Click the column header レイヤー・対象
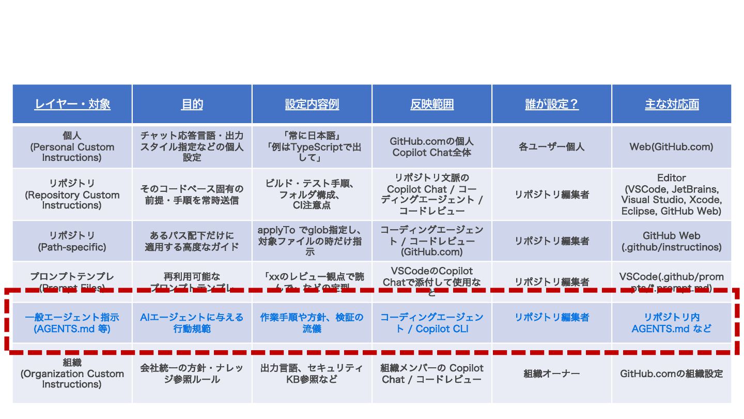click(72, 104)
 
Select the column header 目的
click(192, 104)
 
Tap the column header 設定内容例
click(312, 104)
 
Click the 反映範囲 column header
click(432, 104)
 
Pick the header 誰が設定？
click(552, 104)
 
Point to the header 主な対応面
click(672, 104)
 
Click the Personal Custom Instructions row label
click(72, 147)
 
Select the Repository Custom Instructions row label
click(72, 194)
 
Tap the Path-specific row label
click(72, 241)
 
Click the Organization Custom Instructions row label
click(72, 373)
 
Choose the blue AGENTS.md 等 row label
click(72, 323)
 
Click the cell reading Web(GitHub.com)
click(672, 147)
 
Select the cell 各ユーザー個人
click(552, 147)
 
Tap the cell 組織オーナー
click(552, 373)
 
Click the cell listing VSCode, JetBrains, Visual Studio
click(672, 194)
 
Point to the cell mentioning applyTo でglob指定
click(312, 241)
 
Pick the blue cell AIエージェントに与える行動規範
click(192, 323)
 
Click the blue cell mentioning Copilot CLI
click(432, 323)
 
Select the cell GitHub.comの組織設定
click(672, 373)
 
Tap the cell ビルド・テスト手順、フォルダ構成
click(312, 194)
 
